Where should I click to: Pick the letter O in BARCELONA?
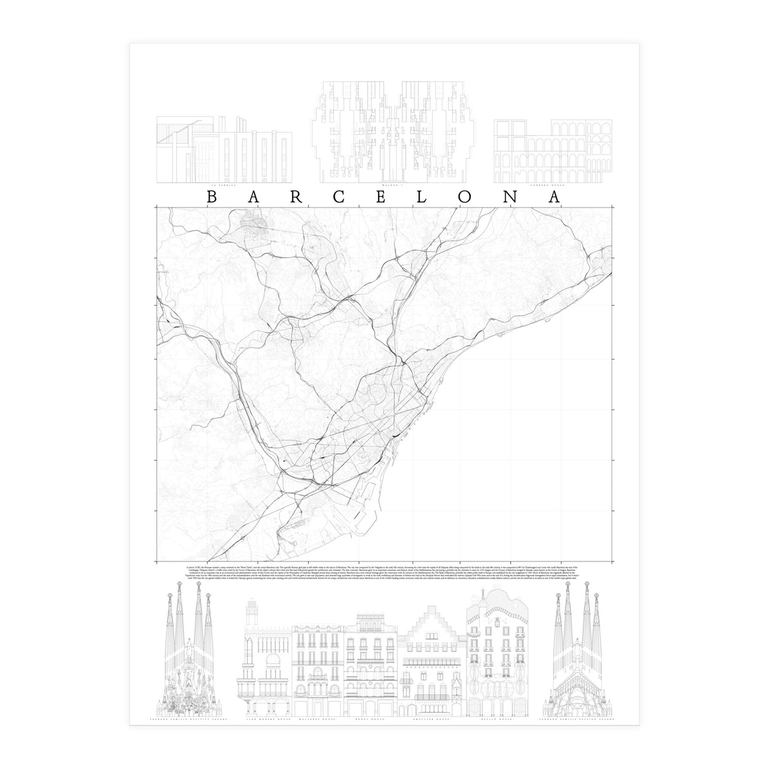(465, 197)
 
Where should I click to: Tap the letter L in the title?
(422, 197)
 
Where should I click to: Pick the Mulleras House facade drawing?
(317, 666)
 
